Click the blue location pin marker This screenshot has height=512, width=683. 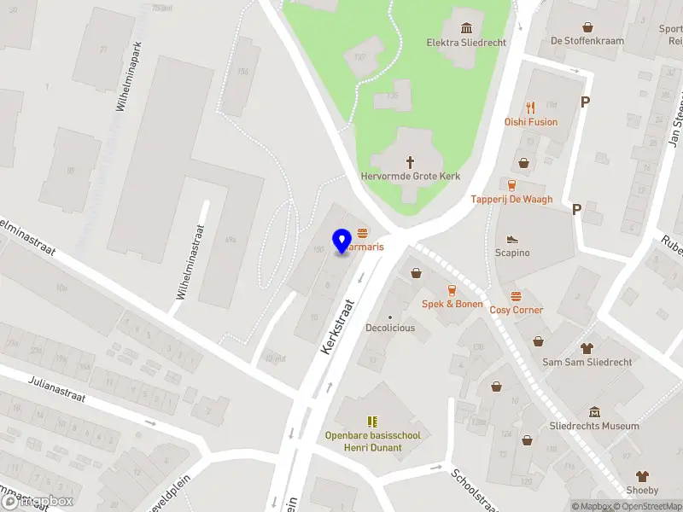point(342,241)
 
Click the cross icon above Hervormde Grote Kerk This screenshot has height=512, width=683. point(410,160)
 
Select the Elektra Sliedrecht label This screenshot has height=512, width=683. point(466,42)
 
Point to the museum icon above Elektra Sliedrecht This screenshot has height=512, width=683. point(466,27)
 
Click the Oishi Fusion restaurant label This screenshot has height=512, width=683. point(530,122)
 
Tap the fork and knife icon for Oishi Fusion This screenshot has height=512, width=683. point(530,108)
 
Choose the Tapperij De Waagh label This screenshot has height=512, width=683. point(511,200)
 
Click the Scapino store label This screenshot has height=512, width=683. point(512,253)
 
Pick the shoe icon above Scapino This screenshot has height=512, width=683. point(512,239)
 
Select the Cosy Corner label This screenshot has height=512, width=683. point(516,311)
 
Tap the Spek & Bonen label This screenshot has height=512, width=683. point(452,304)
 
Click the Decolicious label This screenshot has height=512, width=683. point(390,328)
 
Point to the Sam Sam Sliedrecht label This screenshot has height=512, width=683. point(587,362)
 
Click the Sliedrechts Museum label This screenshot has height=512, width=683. point(594,426)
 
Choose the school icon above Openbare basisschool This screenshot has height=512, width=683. point(372,422)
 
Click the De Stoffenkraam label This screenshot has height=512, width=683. point(587,41)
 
